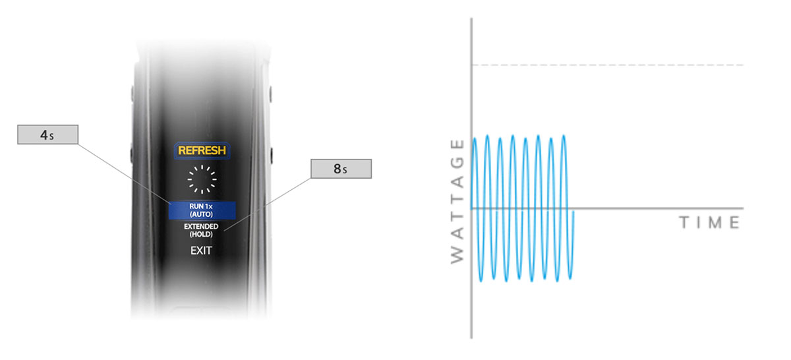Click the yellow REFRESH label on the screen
202,150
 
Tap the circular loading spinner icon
202,179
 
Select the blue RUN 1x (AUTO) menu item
202,210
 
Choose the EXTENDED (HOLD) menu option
201,230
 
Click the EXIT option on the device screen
201,251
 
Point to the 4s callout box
47,135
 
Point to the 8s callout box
341,169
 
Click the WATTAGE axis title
457,201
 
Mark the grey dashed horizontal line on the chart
608,65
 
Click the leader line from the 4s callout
125,174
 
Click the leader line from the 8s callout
268,204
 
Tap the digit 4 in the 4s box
44,135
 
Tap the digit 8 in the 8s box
337,169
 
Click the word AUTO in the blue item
201,214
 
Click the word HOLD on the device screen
201,234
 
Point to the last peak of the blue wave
564,136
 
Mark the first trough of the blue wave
481,280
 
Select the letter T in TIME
684,222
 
